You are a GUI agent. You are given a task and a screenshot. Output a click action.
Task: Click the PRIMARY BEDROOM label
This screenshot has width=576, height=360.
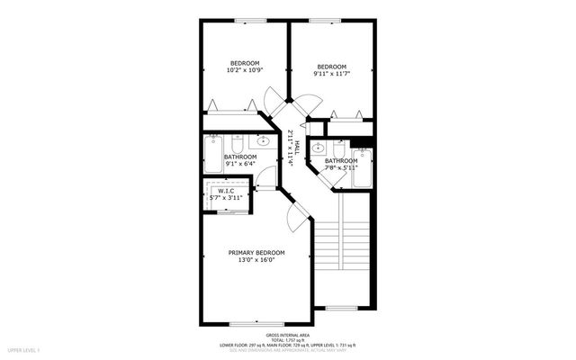click(256, 252)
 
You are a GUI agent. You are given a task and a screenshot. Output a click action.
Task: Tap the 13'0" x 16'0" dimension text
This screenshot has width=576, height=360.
click(256, 261)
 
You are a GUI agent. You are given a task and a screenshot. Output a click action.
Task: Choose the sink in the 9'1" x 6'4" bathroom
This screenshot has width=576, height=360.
click(264, 142)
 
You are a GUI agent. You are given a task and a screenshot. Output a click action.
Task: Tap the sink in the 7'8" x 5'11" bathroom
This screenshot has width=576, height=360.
click(319, 149)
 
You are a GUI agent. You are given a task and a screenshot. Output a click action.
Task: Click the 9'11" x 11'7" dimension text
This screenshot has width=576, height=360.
click(332, 75)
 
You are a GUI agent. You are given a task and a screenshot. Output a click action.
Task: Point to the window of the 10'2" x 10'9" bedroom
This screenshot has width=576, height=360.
click(244, 21)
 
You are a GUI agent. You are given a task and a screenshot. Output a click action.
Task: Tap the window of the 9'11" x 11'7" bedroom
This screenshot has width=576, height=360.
click(321, 21)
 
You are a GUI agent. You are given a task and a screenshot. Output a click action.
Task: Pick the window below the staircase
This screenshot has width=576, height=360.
click(340, 308)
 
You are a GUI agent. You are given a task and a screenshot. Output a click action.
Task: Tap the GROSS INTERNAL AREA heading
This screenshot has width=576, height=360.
click(287, 334)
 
